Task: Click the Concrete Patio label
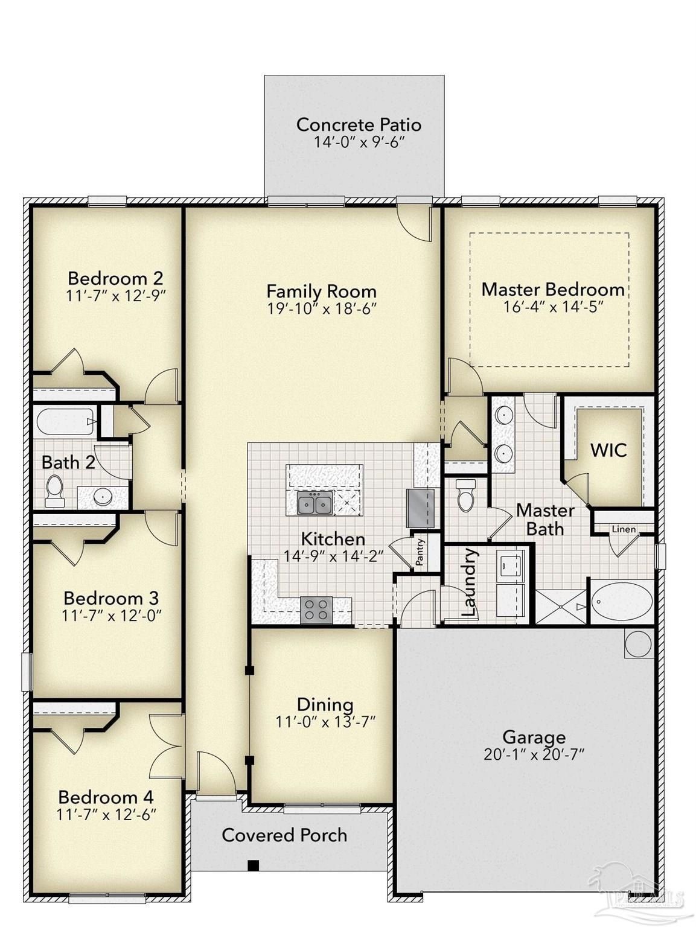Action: [358, 125]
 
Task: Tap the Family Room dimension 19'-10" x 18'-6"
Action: [322, 309]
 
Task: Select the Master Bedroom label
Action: [552, 289]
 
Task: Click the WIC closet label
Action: [608, 450]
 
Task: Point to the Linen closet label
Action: [624, 529]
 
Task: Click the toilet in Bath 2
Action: [54, 491]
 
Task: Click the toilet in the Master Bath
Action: [465, 495]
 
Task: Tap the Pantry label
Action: [420, 552]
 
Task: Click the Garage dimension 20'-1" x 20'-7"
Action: [534, 754]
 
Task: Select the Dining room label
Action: [325, 704]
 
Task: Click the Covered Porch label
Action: [284, 835]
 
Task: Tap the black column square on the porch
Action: [254, 865]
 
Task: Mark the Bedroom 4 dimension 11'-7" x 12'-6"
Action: [106, 815]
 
